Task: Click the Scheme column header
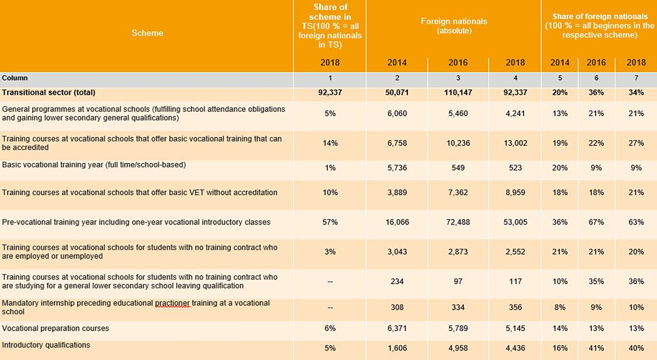click(147, 33)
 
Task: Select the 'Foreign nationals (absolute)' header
click(454, 26)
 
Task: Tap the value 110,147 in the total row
click(458, 93)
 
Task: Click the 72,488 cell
click(458, 222)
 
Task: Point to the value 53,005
click(515, 222)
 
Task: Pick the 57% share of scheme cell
click(330, 222)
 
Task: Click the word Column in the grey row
click(15, 78)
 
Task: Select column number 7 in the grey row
click(636, 78)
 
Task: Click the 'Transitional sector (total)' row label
click(48, 93)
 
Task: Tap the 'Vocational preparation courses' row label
click(55, 328)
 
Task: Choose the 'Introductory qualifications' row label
click(46, 345)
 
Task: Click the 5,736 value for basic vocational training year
click(397, 168)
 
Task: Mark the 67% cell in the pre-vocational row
click(596, 222)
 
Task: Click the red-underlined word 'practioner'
click(172, 303)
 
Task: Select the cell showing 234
click(397, 282)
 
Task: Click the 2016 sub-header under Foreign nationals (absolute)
click(458, 63)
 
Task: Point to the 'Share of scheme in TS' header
click(330, 26)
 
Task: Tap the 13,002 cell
click(515, 143)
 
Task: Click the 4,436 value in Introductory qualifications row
click(515, 348)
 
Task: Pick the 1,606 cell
click(397, 348)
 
